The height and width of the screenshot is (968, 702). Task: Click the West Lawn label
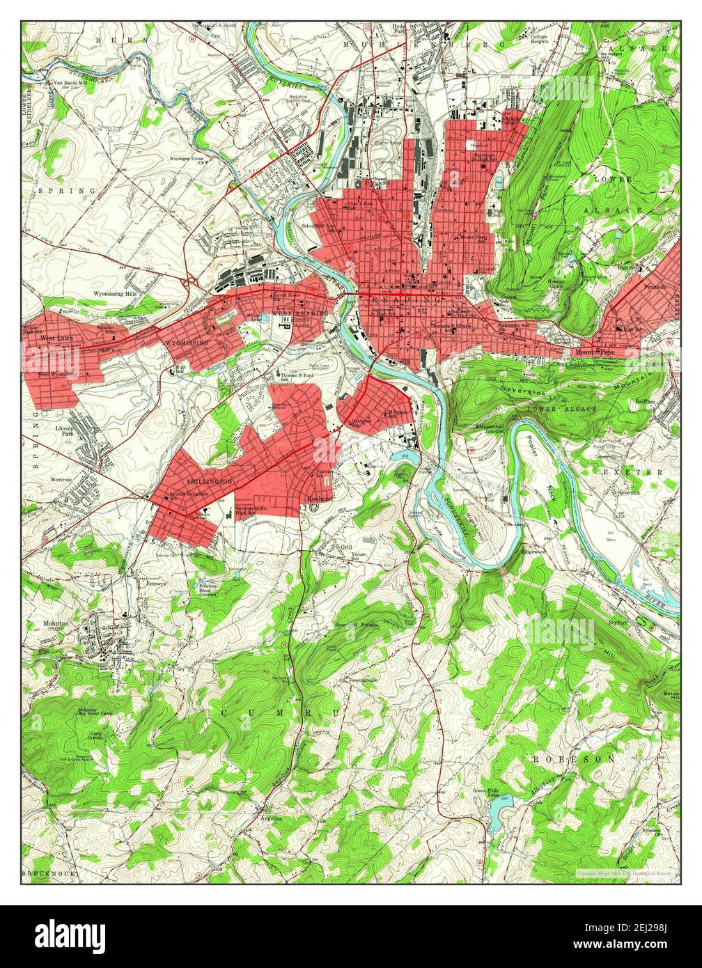[x=56, y=338]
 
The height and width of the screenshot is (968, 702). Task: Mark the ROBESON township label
[x=574, y=758]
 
